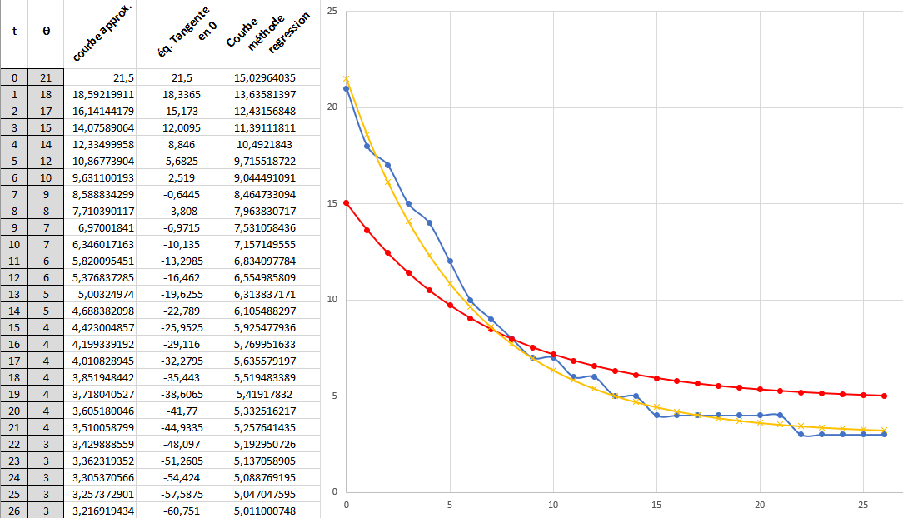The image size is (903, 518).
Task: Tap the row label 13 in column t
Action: tap(14, 294)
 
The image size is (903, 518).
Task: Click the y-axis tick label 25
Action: tap(332, 12)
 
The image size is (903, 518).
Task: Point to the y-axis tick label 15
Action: tap(332, 203)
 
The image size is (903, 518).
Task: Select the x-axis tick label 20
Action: tap(760, 505)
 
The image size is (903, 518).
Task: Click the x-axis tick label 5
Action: tap(450, 505)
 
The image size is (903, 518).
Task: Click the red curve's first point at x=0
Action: tap(347, 202)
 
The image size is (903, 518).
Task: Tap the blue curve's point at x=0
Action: tap(347, 88)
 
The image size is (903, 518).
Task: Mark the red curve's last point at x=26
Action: tap(884, 396)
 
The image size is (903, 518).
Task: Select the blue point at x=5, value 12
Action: tap(450, 261)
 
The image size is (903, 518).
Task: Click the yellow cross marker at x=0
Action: tap(347, 79)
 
